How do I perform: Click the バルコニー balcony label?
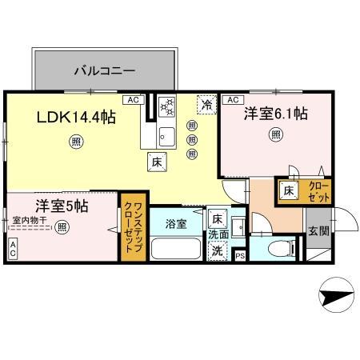(x=105, y=70)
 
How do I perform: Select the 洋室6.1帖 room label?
(x=275, y=114)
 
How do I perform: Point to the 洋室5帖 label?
(x=61, y=205)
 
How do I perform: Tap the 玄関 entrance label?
(x=318, y=231)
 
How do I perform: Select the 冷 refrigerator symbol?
(x=206, y=104)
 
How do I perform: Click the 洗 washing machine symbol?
(x=216, y=250)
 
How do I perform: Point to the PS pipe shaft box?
(x=240, y=255)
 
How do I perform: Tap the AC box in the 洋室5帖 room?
(x=13, y=250)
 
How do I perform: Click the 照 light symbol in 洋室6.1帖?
(x=275, y=134)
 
